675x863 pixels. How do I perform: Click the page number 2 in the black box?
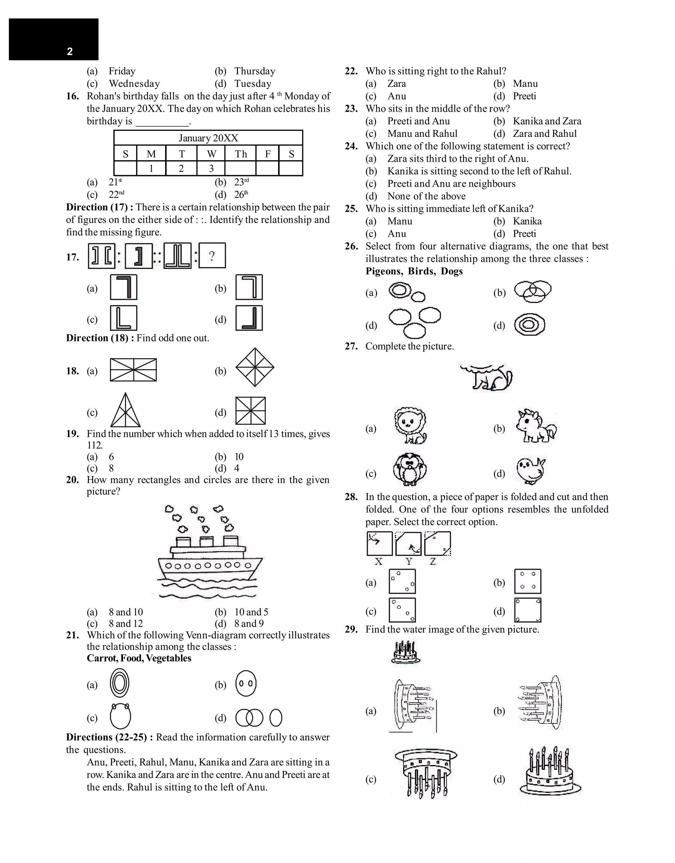pyautogui.click(x=70, y=51)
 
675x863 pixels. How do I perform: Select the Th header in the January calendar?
pyautogui.click(x=241, y=154)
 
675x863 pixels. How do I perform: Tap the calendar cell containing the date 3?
pyautogui.click(x=211, y=169)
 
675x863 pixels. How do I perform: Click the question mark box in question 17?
pyautogui.click(x=212, y=256)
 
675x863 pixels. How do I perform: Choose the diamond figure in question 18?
pyautogui.click(x=255, y=367)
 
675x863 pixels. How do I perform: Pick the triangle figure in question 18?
pyautogui.click(x=125, y=410)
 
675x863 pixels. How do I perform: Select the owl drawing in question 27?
pyautogui.click(x=410, y=470)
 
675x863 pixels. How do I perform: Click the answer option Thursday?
pyautogui.click(x=254, y=71)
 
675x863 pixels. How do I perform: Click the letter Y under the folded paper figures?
pyautogui.click(x=409, y=561)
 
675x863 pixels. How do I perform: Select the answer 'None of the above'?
pyautogui.click(x=426, y=196)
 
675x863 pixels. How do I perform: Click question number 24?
pyautogui.click(x=351, y=146)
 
